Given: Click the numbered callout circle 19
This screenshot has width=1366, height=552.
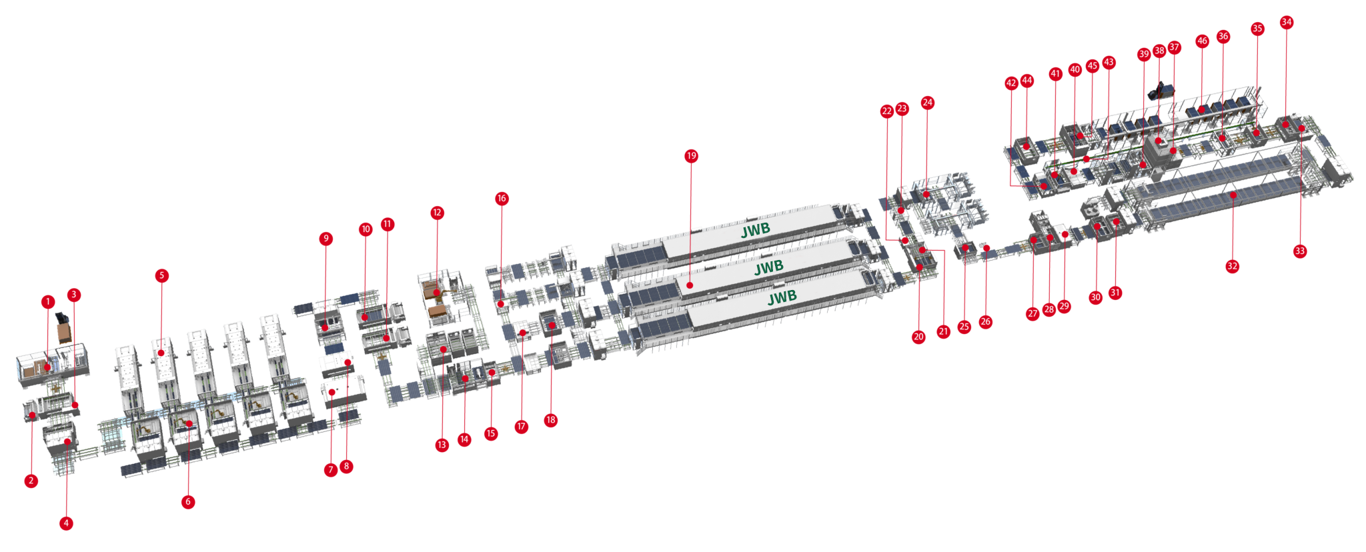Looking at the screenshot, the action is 691,156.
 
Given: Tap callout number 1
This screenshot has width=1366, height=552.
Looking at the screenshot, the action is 47,302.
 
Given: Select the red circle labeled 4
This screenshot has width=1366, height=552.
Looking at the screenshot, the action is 66,523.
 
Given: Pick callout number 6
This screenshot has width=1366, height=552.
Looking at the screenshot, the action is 188,502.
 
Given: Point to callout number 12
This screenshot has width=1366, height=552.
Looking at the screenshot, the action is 437,213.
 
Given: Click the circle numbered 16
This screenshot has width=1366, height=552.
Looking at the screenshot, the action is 502,199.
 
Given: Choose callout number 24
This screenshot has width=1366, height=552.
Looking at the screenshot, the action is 927,103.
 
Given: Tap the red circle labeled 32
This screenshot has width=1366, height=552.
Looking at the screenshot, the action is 1232,266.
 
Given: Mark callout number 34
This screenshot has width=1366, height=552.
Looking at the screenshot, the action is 1286,22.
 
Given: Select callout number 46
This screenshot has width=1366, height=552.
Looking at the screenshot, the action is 1202,41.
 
